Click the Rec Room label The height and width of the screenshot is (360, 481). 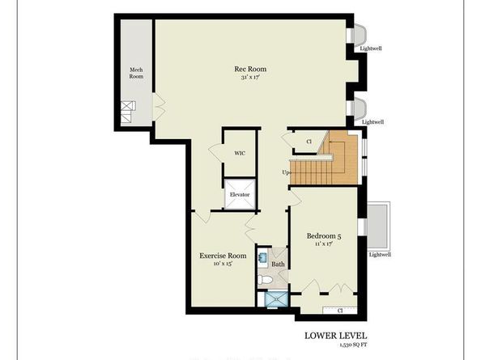click(x=250, y=69)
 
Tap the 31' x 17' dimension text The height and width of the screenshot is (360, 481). click(x=250, y=78)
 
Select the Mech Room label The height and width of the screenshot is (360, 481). click(x=136, y=73)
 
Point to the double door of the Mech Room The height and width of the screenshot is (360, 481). click(x=158, y=104)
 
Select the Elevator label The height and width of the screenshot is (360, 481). click(x=240, y=195)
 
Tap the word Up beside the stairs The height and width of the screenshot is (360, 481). click(x=286, y=172)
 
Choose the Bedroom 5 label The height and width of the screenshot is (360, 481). click(x=326, y=236)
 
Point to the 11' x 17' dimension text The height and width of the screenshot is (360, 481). click(x=325, y=246)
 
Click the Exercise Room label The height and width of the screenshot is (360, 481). click(x=223, y=256)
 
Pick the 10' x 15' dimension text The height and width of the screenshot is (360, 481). click(x=223, y=265)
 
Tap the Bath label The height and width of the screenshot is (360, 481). click(x=278, y=264)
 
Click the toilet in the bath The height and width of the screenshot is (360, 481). click(x=266, y=280)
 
